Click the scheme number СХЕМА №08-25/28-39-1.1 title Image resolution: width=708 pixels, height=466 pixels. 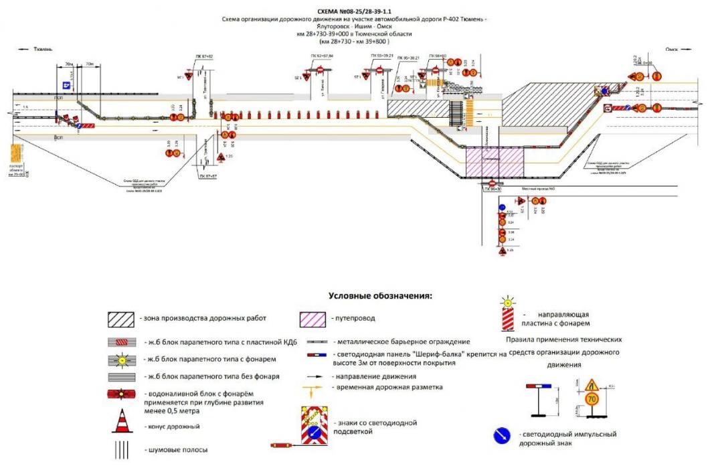pos(354,12)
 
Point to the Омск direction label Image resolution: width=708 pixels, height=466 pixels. pos(673,50)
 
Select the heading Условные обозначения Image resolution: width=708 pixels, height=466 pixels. pos(380,295)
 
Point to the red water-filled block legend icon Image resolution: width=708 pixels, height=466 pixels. pos(123,395)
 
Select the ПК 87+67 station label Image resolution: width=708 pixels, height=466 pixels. pos(208,175)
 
